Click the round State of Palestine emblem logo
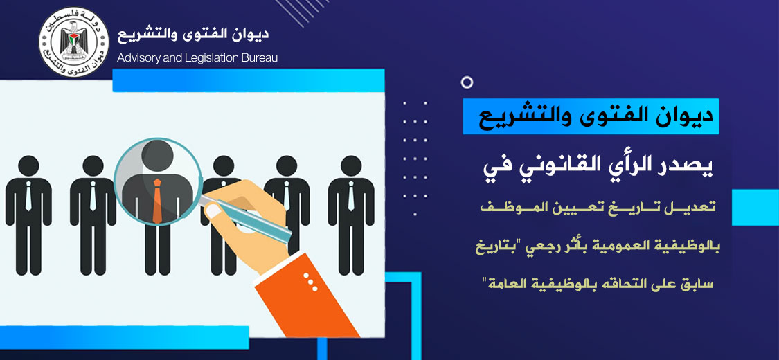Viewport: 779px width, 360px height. point(73,42)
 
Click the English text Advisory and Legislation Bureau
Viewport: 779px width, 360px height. point(197,58)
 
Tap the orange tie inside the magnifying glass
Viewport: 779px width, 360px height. point(157,201)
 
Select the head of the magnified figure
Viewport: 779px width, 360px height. point(157,155)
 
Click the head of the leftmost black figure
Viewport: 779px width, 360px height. point(28,166)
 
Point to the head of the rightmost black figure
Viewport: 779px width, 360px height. point(351,166)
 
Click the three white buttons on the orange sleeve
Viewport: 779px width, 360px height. point(310,282)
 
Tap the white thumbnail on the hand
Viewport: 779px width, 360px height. point(213,212)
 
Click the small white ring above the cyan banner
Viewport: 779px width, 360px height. point(467,82)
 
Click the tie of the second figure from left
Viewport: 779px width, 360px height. point(93,196)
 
